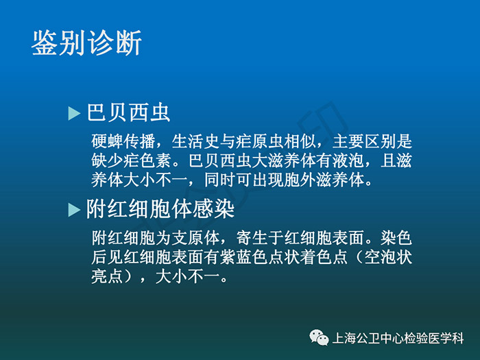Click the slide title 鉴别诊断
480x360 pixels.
click(x=86, y=43)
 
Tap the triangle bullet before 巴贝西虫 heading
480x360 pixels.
click(x=74, y=113)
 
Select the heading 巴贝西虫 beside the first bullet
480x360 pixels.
click(x=128, y=112)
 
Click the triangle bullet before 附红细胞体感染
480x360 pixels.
click(x=74, y=210)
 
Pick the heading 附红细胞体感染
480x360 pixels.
click(x=160, y=208)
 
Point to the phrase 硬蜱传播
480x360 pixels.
click(x=123, y=141)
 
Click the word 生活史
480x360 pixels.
click(x=196, y=141)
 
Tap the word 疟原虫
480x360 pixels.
click(x=260, y=141)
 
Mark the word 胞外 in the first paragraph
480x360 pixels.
click(x=300, y=180)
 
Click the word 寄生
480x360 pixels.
click(x=252, y=237)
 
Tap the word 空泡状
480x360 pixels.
click(x=388, y=257)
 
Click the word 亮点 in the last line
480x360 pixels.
click(x=108, y=276)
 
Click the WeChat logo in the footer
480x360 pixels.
click(x=320, y=337)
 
